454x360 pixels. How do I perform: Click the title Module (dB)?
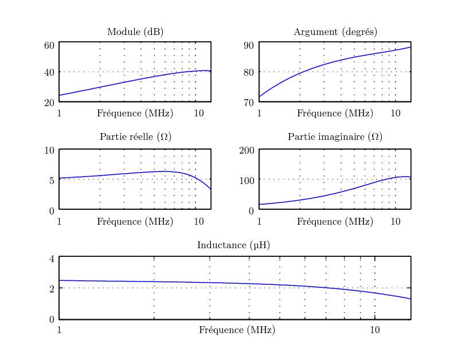tap(135, 32)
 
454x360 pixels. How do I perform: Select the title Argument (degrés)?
tap(335, 32)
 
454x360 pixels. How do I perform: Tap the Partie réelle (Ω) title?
tap(135, 137)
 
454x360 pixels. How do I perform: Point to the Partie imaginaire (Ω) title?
tap(335, 137)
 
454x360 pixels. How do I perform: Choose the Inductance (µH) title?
tap(233, 245)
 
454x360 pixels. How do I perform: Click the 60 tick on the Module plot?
tap(49, 45)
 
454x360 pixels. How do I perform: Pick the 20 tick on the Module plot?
tap(49, 103)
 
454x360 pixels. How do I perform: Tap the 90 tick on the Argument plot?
tap(249, 45)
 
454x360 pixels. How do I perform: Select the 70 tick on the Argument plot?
tap(249, 103)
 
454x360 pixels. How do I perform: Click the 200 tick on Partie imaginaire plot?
tap(246, 151)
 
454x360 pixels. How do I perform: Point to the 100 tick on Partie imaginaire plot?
tap(246, 180)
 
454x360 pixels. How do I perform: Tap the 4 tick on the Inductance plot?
tap(52, 259)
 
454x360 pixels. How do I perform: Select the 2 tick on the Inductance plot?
tap(52, 289)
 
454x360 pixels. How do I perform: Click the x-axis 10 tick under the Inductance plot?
tap(375, 330)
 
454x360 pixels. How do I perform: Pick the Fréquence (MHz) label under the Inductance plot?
tap(237, 330)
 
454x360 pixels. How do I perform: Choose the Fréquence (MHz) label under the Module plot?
tap(135, 113)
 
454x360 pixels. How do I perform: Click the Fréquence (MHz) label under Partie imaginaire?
tap(335, 221)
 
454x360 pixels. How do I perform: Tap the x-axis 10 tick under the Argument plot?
tap(396, 113)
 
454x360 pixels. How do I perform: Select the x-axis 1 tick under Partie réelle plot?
tap(59, 221)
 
